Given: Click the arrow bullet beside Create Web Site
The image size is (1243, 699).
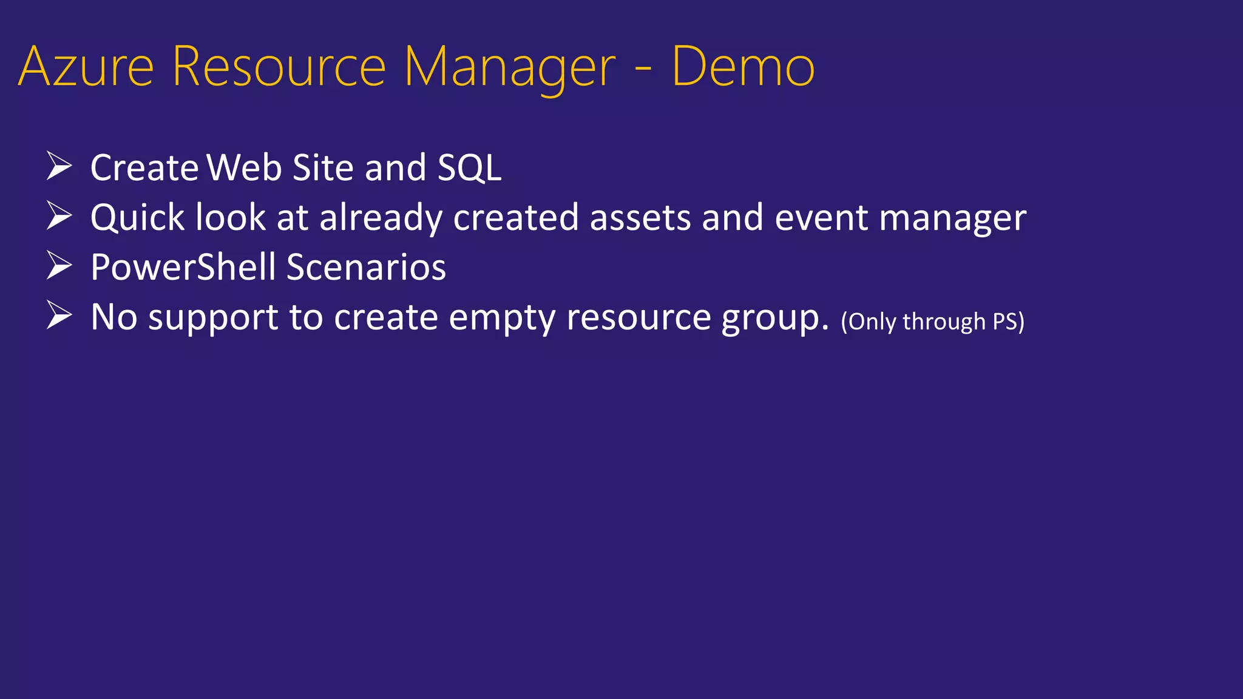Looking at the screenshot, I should [59, 166].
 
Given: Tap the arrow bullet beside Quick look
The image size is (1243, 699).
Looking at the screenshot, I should [59, 216].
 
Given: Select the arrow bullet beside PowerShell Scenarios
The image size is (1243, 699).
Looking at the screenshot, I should [59, 266].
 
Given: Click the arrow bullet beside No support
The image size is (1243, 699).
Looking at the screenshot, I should [59, 316].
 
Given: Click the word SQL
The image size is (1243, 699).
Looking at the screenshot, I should [469, 168].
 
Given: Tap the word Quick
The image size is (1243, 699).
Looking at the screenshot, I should [137, 218].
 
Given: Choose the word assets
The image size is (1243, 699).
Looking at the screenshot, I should [640, 218].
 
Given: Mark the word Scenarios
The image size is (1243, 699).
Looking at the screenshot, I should [366, 268].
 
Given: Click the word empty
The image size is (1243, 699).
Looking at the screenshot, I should [502, 318].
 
